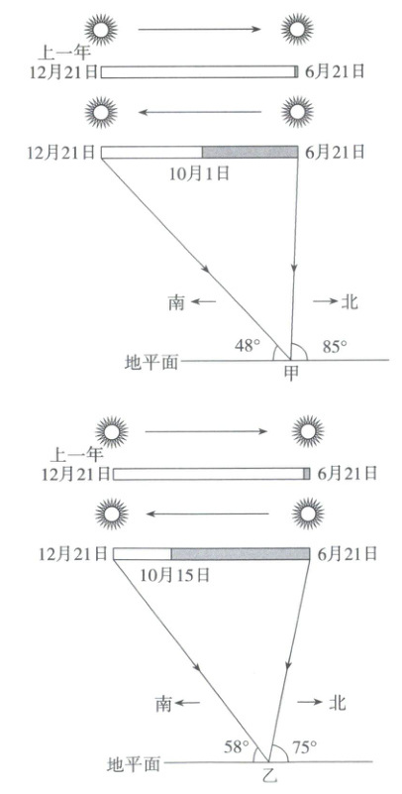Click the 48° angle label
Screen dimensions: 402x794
click(248, 345)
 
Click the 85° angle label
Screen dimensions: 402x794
click(336, 345)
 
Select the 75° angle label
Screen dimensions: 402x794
click(304, 744)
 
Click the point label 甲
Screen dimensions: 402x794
click(292, 372)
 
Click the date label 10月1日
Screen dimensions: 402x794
click(199, 173)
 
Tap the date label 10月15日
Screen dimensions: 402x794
click(174, 575)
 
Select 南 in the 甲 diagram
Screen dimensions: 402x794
click(177, 302)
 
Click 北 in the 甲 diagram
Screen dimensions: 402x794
click(350, 301)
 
